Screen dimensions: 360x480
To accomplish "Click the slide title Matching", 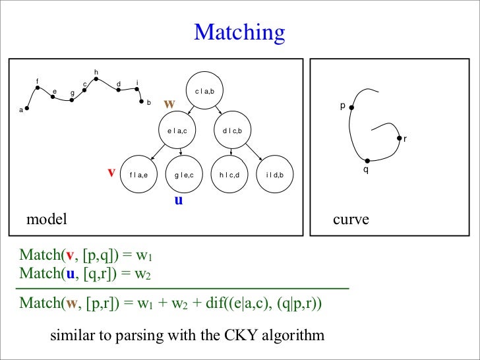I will coord(239,32).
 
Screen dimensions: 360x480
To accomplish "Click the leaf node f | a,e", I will coord(142,174).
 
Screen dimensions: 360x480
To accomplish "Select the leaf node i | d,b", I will coord(274,174).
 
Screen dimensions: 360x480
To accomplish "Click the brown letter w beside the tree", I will coord(169,104).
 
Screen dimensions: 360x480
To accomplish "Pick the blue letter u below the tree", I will coord(178,199).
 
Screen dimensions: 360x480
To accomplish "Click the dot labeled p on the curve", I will coord(352,107).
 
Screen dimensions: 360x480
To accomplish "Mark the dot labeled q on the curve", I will coord(368,160).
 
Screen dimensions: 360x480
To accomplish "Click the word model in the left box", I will coord(47,220).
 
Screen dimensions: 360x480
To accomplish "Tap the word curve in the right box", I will coord(351,220).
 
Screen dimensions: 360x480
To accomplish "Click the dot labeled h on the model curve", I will coord(96,78).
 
